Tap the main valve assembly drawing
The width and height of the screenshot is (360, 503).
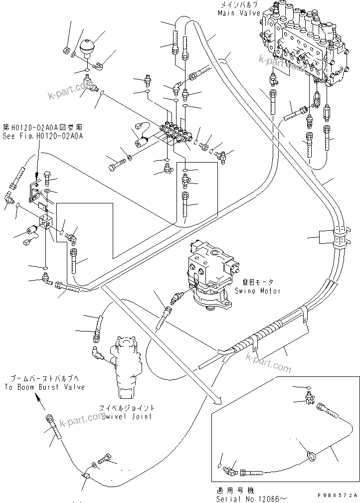tap(304, 45)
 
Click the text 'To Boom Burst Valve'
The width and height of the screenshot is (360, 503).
tap(45, 387)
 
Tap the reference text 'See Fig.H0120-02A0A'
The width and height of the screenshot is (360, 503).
tap(42, 135)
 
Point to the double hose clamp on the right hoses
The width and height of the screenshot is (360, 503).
tap(340, 238)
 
